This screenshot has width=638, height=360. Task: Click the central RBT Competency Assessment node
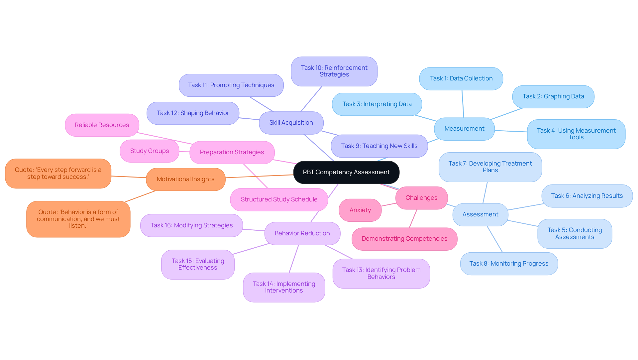[346, 172]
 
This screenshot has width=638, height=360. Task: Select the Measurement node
[464, 129]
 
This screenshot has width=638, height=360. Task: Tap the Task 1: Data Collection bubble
[461, 78]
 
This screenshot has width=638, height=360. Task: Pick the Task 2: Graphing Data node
[553, 96]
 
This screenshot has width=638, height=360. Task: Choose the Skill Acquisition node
[291, 123]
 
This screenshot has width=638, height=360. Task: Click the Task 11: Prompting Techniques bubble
[231, 85]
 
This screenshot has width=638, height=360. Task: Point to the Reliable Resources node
[102, 125]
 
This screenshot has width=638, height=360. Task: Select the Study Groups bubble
[150, 151]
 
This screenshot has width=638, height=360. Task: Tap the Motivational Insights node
[185, 179]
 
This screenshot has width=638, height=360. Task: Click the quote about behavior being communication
[78, 219]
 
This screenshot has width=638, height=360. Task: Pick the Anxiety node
[360, 210]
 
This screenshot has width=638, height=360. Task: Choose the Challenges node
[421, 198]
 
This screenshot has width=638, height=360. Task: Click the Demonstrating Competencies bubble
[404, 239]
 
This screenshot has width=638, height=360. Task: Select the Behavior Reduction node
[302, 233]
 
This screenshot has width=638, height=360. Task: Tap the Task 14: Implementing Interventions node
[284, 287]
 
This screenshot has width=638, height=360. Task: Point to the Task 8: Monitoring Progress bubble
[509, 264]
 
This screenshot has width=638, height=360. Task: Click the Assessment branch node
[480, 214]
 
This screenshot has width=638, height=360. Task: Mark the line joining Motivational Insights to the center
[259, 176]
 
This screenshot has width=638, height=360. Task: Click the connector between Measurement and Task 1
[463, 104]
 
